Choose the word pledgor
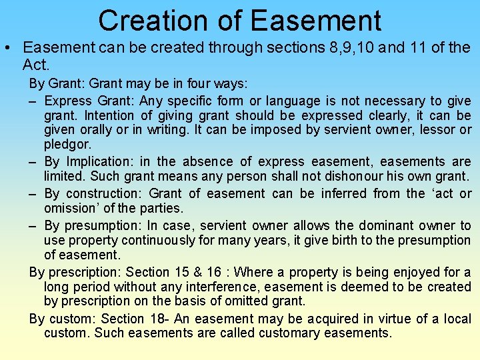[x=67, y=144]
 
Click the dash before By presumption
[x=33, y=225]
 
